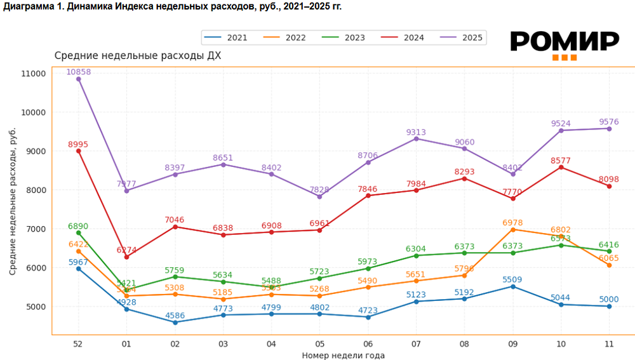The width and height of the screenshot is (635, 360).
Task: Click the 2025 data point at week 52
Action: click(x=78, y=79)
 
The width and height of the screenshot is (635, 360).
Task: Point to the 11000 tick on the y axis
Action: click(x=34, y=74)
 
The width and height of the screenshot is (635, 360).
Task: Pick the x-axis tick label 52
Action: click(x=78, y=343)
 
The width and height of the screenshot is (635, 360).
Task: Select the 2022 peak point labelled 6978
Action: click(x=512, y=229)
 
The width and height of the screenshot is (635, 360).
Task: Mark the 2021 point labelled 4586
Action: click(x=175, y=322)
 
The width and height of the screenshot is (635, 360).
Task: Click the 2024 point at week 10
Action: click(x=561, y=167)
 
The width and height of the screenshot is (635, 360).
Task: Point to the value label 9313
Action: click(x=416, y=132)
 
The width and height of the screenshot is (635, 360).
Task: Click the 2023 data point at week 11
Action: click(x=609, y=251)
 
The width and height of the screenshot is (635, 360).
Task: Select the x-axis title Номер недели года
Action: click(x=344, y=355)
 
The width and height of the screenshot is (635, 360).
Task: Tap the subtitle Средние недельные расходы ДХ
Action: click(x=138, y=56)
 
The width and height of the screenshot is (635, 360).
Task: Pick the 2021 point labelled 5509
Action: click(x=512, y=286)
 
